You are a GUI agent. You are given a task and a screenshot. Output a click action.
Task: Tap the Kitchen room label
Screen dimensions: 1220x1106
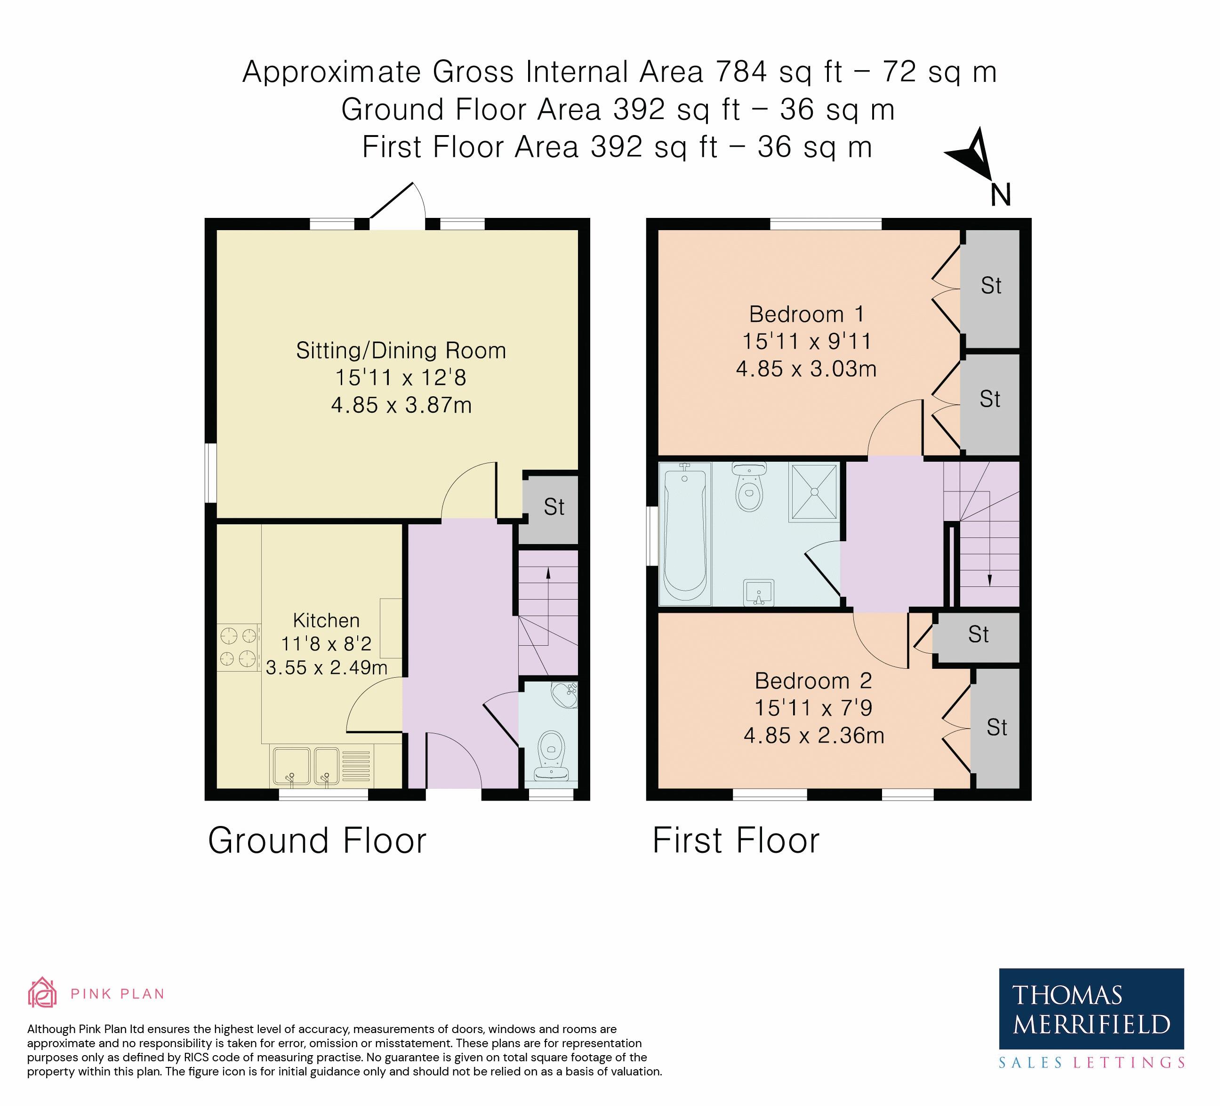[x=326, y=620]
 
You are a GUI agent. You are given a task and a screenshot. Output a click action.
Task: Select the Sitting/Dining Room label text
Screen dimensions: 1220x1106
[x=401, y=350]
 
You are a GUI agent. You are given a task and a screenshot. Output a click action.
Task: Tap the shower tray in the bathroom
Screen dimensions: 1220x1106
[x=814, y=492]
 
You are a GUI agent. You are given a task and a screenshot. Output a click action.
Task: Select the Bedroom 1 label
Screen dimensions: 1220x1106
[x=807, y=314]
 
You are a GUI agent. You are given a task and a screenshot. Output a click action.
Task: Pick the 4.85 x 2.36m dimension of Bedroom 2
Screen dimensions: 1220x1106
[x=814, y=735]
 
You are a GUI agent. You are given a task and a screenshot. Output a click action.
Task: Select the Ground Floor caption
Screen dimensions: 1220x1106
[x=317, y=841]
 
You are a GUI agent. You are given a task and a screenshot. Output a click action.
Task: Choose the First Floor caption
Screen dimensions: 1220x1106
[x=736, y=841]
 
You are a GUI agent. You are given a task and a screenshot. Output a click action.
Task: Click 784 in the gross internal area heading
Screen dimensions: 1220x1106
[x=741, y=72]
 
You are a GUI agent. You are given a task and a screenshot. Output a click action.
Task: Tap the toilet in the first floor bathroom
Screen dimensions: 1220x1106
[x=750, y=487]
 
